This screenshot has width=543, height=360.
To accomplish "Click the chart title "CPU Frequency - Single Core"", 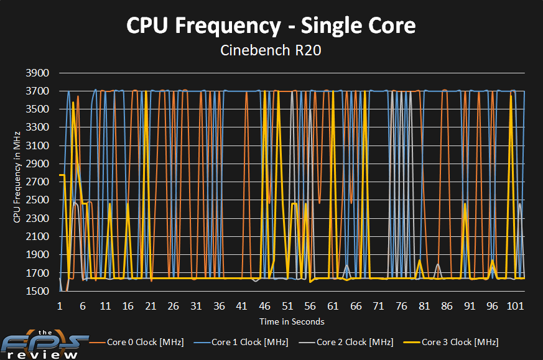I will click(271, 25).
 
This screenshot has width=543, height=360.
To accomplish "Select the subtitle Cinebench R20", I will click(271, 50).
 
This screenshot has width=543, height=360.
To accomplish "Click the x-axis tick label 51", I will click(287, 307).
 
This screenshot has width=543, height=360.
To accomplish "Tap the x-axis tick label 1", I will click(60, 307).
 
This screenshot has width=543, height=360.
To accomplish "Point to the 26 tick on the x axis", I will click(174, 307).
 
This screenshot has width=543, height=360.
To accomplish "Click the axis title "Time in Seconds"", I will click(292, 321).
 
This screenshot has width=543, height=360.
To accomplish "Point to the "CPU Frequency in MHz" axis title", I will click(17, 177).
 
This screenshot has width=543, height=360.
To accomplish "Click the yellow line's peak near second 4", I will click(73, 103).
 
